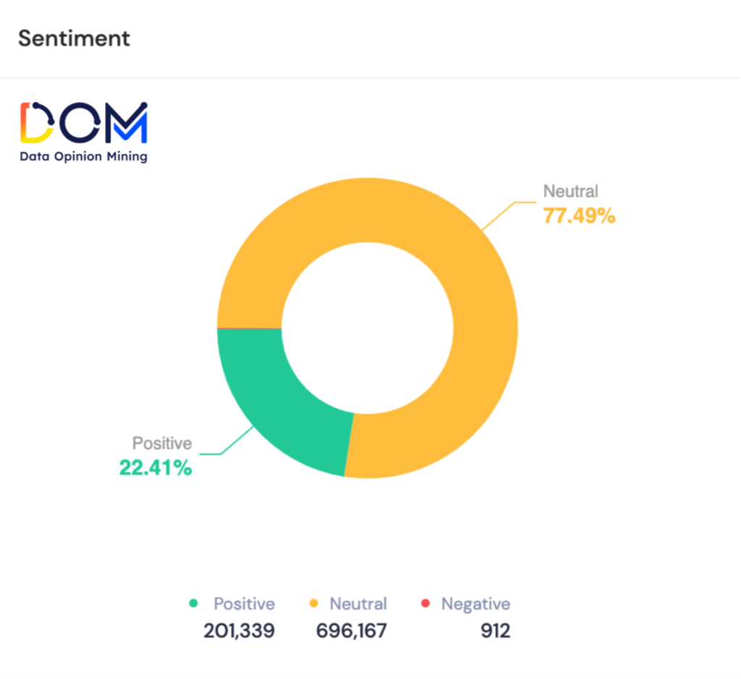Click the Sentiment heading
coord(74,38)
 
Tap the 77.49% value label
coord(579,215)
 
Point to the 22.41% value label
coord(156,468)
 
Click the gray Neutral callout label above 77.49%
coord(571,192)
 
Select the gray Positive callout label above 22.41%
coord(161,443)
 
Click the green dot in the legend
coord(193,603)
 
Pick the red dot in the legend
coord(425,603)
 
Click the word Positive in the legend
coord(244,604)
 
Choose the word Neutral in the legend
coord(358,604)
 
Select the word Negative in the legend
coord(475,604)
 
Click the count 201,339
coord(239,631)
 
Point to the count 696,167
coord(352,631)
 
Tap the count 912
coord(495,631)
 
